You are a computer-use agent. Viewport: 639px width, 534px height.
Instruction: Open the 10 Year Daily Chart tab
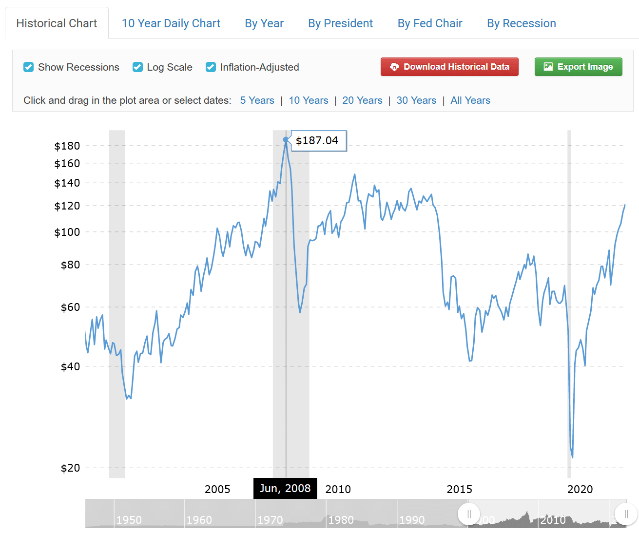tap(171, 23)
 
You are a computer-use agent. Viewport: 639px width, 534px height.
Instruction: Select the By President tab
tap(340, 23)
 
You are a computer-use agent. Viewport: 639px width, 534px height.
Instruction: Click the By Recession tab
tap(521, 23)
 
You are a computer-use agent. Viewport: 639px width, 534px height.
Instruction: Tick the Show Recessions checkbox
tap(29, 67)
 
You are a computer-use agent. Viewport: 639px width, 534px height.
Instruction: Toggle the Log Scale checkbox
tap(138, 67)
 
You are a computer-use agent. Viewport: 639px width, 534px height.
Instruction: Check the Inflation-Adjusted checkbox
tap(211, 67)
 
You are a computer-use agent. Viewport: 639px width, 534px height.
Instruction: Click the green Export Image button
tap(578, 67)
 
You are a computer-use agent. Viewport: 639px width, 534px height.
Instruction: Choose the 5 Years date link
tap(257, 100)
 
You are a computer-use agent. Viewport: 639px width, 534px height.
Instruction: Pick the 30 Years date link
tap(416, 100)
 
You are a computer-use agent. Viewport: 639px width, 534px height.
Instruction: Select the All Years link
tap(470, 100)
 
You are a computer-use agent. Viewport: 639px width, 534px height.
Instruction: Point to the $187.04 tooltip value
tap(317, 141)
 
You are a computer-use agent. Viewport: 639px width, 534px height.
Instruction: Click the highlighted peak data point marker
tap(286, 140)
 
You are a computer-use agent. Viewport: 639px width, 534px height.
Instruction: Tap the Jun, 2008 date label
tap(285, 488)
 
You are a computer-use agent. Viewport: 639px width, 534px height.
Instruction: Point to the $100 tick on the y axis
tap(67, 232)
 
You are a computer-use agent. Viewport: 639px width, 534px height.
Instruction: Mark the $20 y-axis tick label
tap(70, 468)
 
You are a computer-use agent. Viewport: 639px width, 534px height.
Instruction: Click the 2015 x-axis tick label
tap(459, 489)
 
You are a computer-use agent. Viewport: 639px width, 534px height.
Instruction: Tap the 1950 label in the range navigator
tap(129, 520)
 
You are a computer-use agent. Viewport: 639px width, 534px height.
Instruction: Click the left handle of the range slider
tap(469, 514)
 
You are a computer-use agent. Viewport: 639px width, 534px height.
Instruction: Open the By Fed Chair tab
tap(429, 23)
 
